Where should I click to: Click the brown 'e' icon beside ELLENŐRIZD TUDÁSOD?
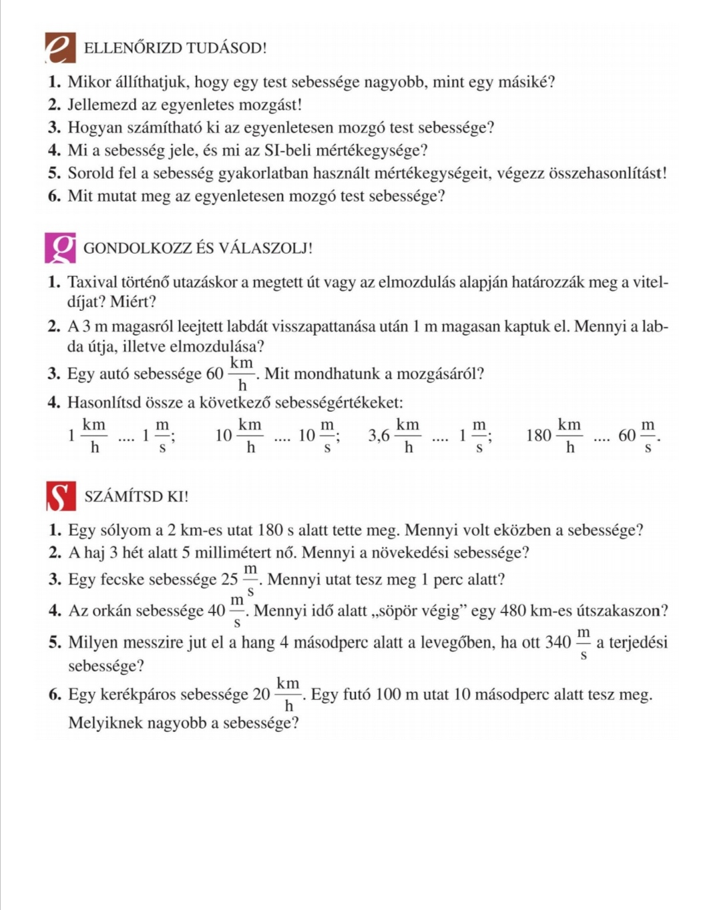(60, 48)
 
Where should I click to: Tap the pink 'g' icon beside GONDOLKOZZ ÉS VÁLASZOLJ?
(60, 248)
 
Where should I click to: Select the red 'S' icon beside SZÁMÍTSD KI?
(61, 496)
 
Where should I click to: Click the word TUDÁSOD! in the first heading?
(226, 48)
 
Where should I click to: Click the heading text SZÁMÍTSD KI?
(136, 496)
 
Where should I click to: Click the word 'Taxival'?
(92, 282)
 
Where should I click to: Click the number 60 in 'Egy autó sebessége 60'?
(214, 374)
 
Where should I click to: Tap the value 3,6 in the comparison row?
(379, 436)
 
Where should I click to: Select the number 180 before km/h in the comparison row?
(538, 436)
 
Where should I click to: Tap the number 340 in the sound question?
(557, 642)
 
